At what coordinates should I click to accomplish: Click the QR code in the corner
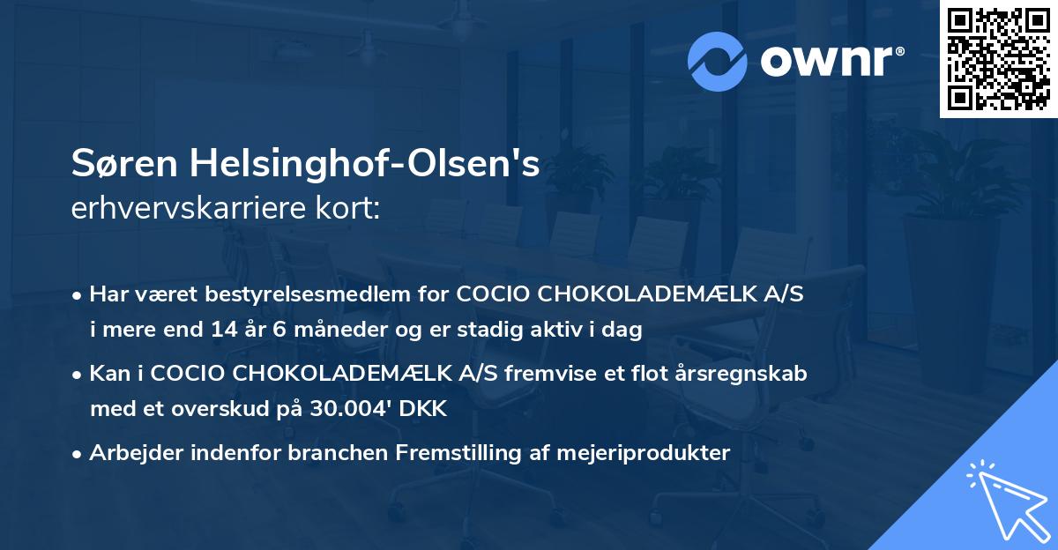(x=999, y=59)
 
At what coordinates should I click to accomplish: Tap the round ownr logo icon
(x=718, y=61)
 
